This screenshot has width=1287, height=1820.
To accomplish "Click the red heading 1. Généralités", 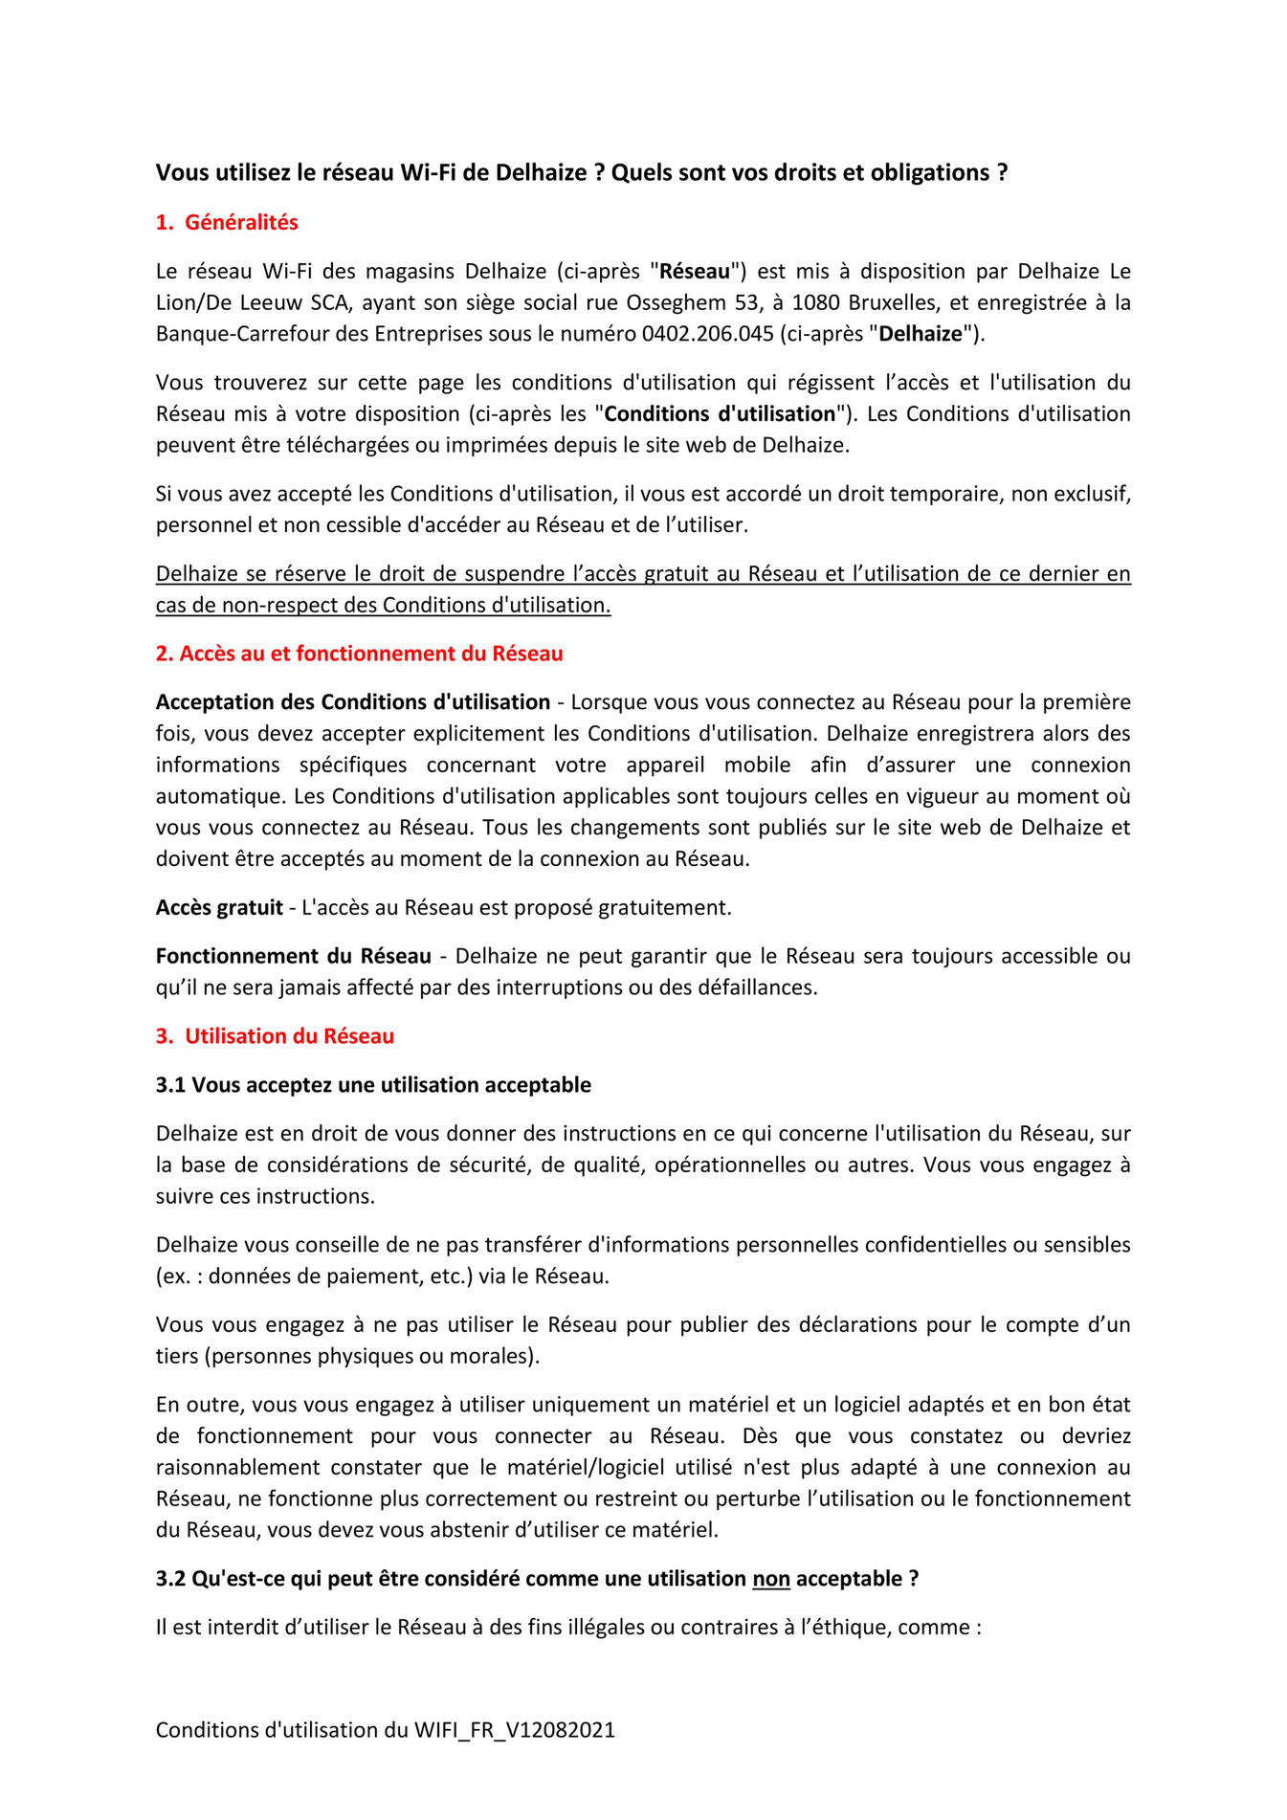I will coord(227,222).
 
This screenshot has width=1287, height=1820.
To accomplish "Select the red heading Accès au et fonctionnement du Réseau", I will coord(359,654).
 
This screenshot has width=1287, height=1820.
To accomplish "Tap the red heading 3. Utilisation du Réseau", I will coord(275,1036).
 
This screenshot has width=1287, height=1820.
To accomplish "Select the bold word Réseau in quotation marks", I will coord(695,271).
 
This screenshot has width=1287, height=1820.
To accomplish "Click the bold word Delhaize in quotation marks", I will coord(921,334).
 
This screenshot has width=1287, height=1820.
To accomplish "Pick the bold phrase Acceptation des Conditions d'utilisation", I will coord(353,702).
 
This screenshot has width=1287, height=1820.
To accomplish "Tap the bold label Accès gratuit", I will coord(219,907).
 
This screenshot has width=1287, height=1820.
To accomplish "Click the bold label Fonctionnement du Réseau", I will coord(293,956).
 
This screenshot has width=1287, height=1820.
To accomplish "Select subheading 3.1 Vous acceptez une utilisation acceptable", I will coord(373,1085).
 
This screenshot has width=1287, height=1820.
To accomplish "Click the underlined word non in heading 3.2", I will coord(771,1579).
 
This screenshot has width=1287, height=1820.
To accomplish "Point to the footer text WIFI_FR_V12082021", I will coord(514,1730).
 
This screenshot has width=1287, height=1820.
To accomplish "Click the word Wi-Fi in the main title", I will coord(429,172).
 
